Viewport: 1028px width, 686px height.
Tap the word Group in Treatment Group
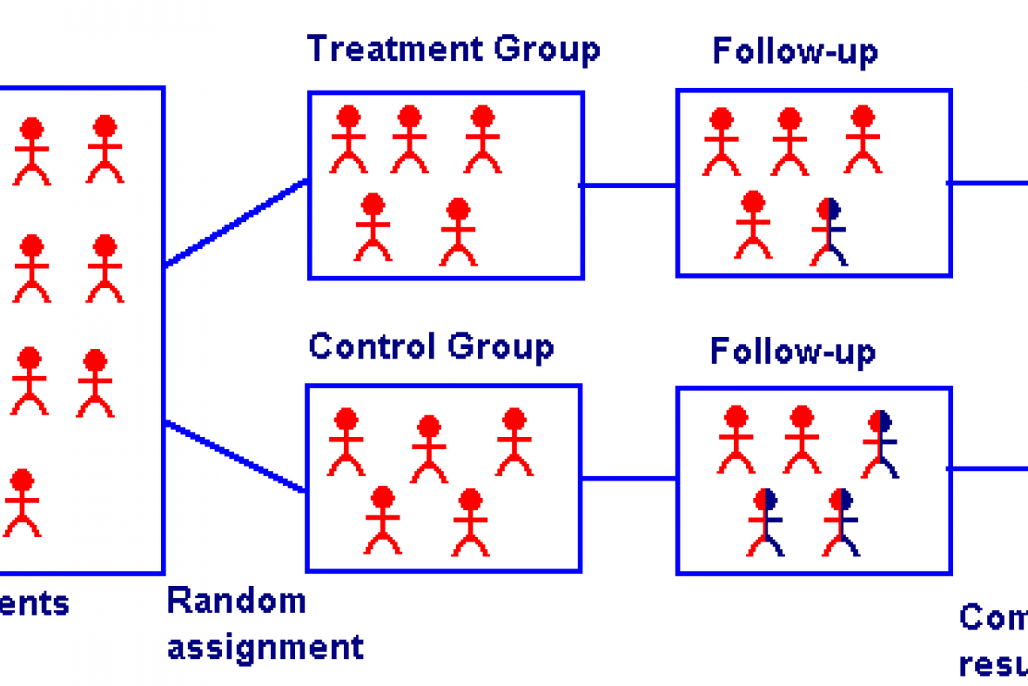[547, 49]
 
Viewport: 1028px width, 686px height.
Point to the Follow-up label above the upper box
[795, 52]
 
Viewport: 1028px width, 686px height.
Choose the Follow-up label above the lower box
[793, 352]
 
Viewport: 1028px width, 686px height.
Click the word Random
[236, 601]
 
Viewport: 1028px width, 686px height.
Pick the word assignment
[265, 647]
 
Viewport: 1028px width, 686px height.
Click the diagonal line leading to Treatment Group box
[237, 223]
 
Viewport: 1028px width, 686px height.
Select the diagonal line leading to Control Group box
[236, 457]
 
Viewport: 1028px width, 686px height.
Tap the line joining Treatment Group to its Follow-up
[629, 185]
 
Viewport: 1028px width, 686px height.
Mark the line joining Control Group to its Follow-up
[628, 478]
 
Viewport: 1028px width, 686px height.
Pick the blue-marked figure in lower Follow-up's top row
[881, 443]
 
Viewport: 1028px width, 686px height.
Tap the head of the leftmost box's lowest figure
[22, 481]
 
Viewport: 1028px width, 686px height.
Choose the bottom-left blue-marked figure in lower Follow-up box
[765, 522]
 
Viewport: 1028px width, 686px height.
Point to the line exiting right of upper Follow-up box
[988, 183]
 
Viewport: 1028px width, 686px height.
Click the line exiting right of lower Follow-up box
[988, 468]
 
